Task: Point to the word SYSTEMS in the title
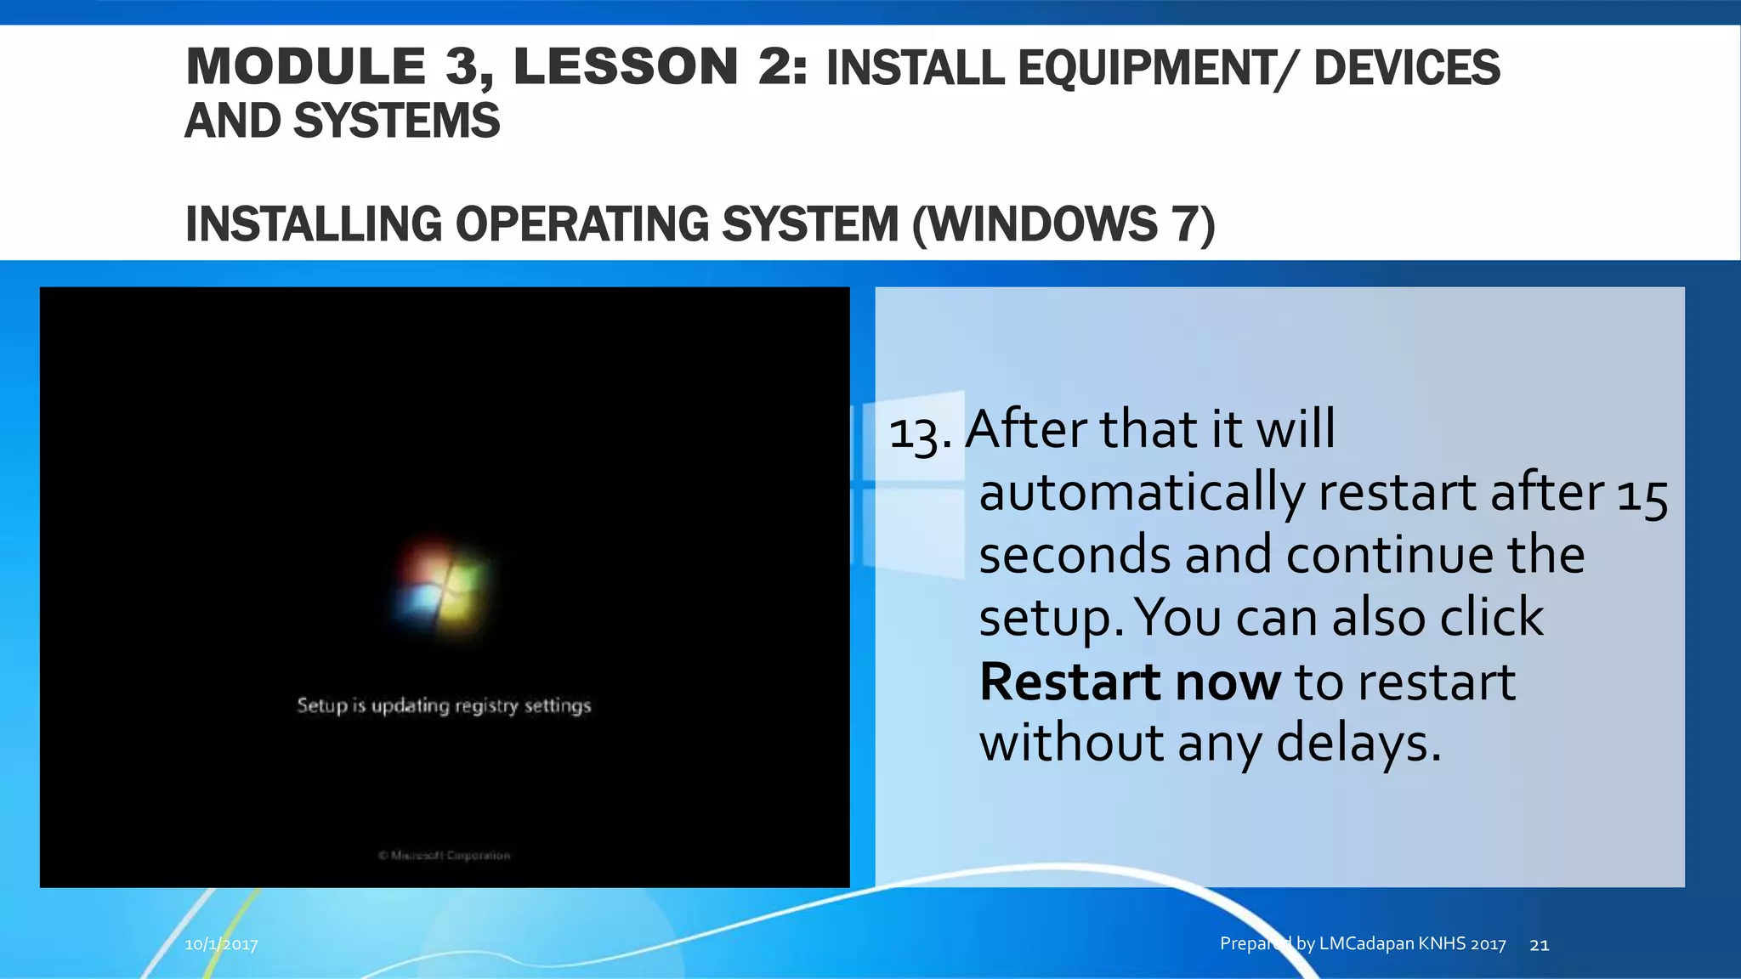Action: point(396,121)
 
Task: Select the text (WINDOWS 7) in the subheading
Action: point(1063,224)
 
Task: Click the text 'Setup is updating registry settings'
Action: point(444,705)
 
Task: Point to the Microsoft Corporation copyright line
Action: point(445,856)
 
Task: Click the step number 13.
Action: point(919,433)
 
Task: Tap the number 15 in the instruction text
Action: point(1642,495)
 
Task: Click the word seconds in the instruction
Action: point(1075,556)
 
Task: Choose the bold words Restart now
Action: point(1130,682)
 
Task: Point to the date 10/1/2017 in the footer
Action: point(221,944)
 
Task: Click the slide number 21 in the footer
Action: point(1539,944)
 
